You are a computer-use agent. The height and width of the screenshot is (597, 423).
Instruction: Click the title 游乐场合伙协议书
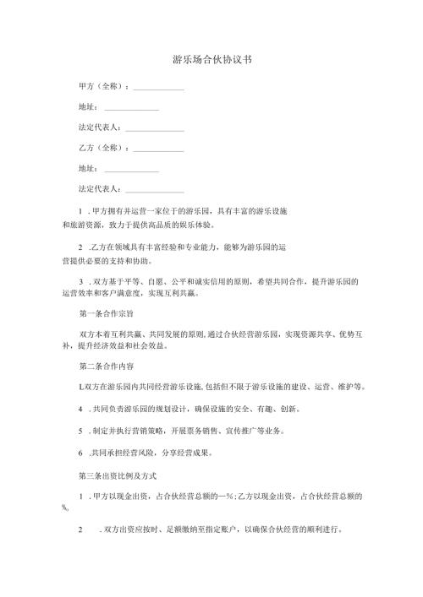pos(211,61)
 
